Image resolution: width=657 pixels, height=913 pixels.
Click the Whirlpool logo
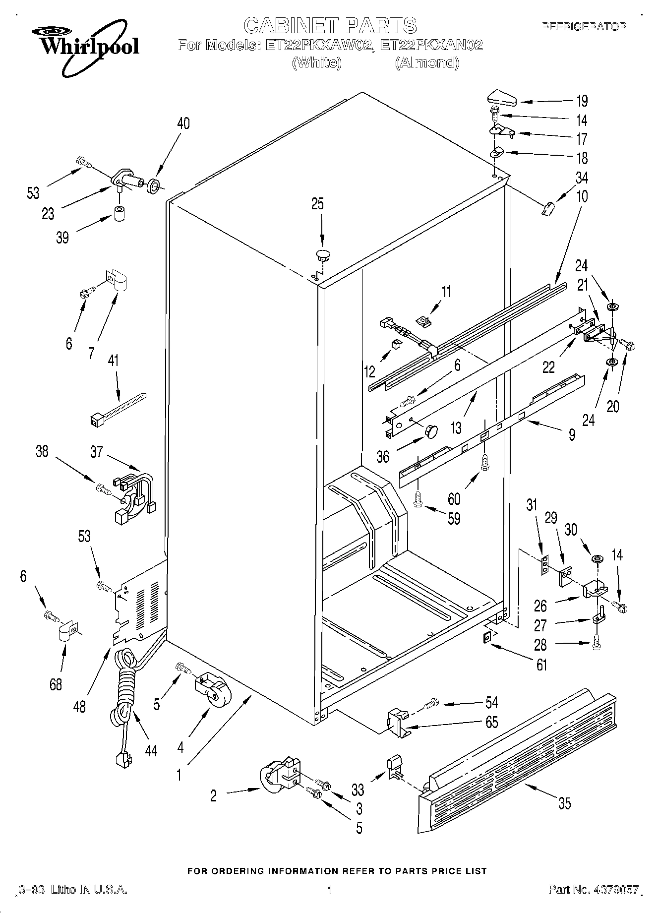(x=89, y=43)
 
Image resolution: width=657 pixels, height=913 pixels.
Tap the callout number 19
(x=582, y=101)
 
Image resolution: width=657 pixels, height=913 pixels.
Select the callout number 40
(x=183, y=123)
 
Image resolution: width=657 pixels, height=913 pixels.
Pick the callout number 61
(x=541, y=664)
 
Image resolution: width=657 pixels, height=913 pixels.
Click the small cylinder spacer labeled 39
(x=119, y=214)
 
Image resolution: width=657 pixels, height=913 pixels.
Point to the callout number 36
(x=382, y=456)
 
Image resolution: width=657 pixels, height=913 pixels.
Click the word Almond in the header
(x=427, y=63)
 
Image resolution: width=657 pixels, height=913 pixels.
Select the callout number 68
(x=56, y=684)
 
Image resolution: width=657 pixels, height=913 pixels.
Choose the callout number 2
(x=213, y=796)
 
